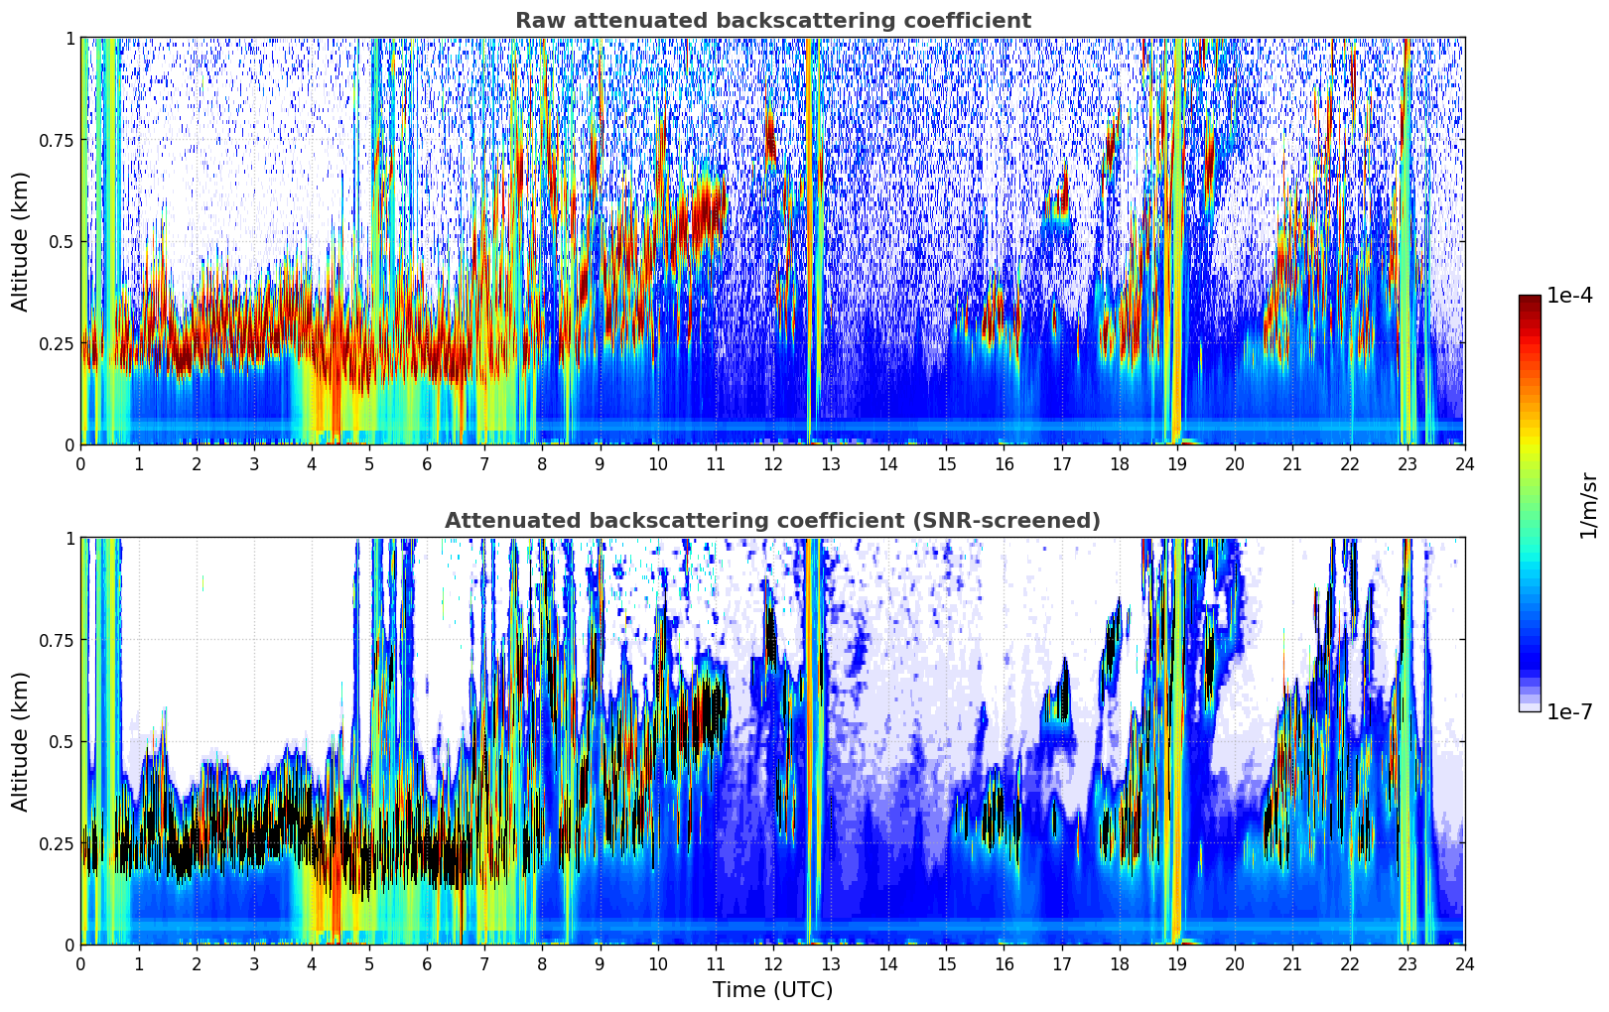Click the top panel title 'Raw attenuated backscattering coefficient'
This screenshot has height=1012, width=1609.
[x=772, y=21]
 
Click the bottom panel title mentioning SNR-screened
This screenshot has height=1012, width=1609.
[x=772, y=521]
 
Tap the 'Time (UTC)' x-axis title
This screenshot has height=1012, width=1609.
[x=772, y=990]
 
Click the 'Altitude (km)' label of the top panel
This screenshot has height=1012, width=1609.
[x=21, y=241]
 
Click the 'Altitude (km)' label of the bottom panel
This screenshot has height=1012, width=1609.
[x=21, y=741]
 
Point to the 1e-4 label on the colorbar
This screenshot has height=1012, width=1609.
[x=1569, y=296]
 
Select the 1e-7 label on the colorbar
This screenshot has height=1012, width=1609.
[x=1569, y=711]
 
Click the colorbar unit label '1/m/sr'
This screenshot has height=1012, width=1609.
[x=1588, y=505]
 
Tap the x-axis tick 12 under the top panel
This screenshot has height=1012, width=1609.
[x=773, y=463]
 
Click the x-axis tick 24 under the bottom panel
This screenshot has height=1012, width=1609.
[x=1465, y=963]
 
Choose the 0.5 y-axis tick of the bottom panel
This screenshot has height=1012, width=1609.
[x=62, y=741]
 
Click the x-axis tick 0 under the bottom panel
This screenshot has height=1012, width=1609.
[x=80, y=963]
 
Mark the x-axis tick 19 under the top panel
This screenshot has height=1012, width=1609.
[x=1176, y=463]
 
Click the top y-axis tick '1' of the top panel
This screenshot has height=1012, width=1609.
[x=69, y=39]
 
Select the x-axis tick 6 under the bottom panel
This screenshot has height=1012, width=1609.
[x=427, y=963]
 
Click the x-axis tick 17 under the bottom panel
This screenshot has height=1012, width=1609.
[x=1061, y=963]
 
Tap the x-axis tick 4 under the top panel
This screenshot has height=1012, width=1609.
[x=312, y=463]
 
